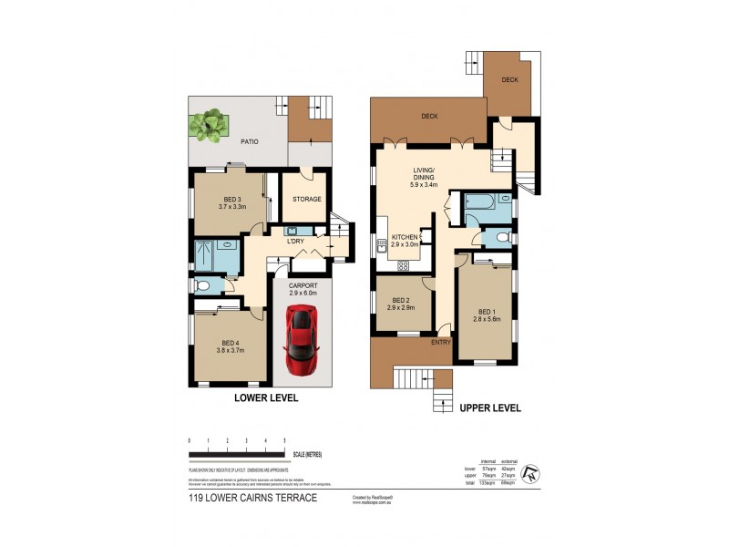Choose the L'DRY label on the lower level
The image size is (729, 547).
[x=294, y=242]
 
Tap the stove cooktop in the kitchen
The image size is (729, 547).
[x=404, y=265]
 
